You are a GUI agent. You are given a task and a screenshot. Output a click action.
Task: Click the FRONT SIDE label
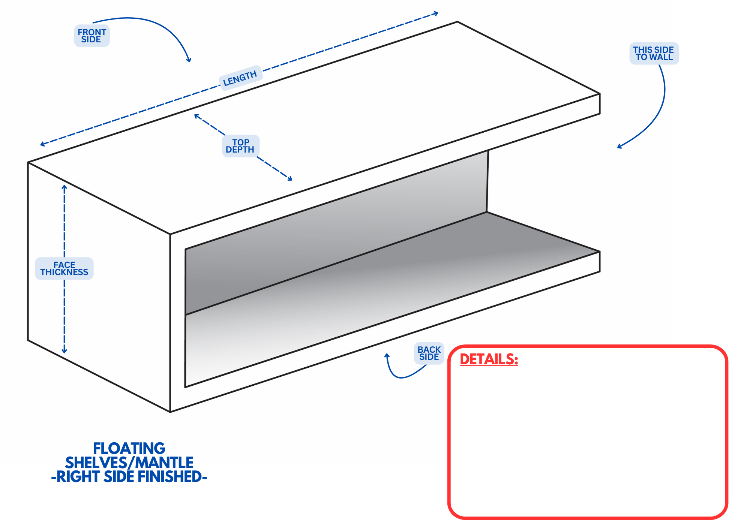(x=92, y=36)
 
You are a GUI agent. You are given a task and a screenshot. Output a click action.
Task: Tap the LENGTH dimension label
(x=240, y=78)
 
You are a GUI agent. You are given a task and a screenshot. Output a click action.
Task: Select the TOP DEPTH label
(x=240, y=146)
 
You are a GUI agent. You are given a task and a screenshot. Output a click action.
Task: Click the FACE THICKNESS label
(x=64, y=268)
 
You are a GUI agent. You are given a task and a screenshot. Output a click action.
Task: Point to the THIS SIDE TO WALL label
(x=654, y=53)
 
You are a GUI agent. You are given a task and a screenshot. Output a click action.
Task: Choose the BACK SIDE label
(x=429, y=353)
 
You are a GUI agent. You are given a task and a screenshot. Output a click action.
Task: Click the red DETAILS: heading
(x=489, y=359)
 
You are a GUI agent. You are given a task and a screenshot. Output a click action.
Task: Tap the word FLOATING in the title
(x=129, y=448)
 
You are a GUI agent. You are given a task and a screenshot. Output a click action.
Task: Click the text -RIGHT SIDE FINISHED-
(x=129, y=476)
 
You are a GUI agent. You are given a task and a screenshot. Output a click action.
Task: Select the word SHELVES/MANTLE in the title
(x=129, y=463)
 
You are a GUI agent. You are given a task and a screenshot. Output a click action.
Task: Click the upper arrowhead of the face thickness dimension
(x=64, y=187)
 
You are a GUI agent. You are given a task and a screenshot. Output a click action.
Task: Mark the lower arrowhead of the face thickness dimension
(x=64, y=351)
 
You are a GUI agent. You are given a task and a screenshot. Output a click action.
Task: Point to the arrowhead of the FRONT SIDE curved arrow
(x=189, y=60)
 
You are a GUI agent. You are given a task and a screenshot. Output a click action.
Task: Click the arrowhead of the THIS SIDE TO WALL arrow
(x=619, y=147)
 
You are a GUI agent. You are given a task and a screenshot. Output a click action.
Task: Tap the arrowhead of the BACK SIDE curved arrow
(x=387, y=355)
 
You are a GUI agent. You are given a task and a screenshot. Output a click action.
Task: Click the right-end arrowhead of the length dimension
(x=436, y=14)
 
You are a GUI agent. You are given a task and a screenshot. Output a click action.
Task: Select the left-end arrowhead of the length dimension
(x=42, y=144)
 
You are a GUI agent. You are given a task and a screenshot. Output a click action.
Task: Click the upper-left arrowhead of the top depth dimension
(x=196, y=116)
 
